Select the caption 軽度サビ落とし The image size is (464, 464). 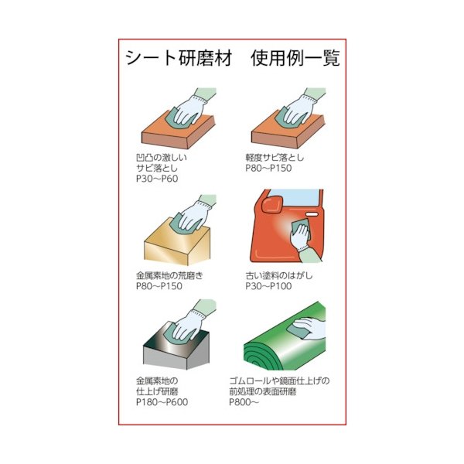[x=275, y=157]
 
